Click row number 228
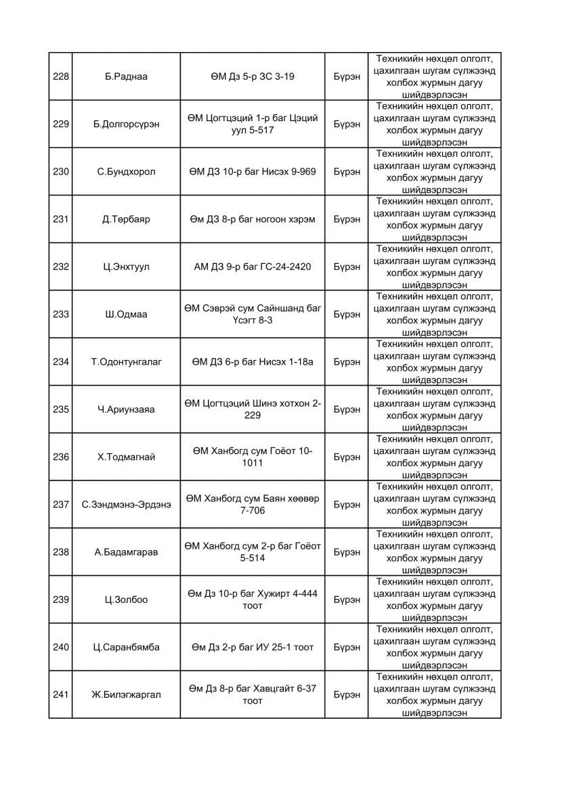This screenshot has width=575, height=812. (61, 76)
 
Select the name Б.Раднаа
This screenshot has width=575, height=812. (126, 76)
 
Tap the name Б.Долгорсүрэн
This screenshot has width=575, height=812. (126, 124)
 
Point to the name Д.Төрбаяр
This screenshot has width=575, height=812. (126, 219)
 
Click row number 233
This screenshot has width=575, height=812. (61, 314)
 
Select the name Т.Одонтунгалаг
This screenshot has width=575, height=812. (126, 362)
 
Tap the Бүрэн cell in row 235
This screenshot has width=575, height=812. (347, 409)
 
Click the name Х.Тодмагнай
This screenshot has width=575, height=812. (126, 457)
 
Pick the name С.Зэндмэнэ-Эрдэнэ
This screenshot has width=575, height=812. (126, 504)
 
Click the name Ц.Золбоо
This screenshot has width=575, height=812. (126, 600)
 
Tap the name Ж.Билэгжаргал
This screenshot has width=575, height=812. (126, 694)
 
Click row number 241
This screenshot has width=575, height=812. (61, 694)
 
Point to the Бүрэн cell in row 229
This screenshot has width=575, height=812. (347, 124)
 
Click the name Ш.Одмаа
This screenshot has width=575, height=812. (126, 314)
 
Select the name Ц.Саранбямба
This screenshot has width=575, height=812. (126, 647)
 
